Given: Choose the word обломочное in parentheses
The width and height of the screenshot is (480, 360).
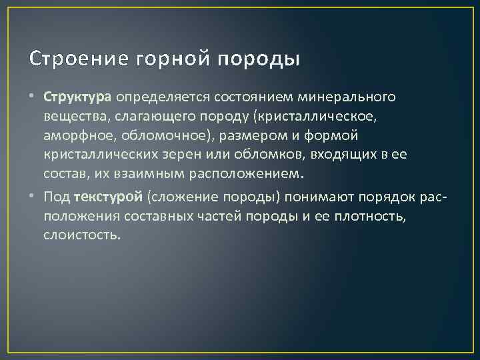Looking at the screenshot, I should [163, 136].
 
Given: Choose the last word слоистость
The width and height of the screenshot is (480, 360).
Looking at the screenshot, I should [82, 235].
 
